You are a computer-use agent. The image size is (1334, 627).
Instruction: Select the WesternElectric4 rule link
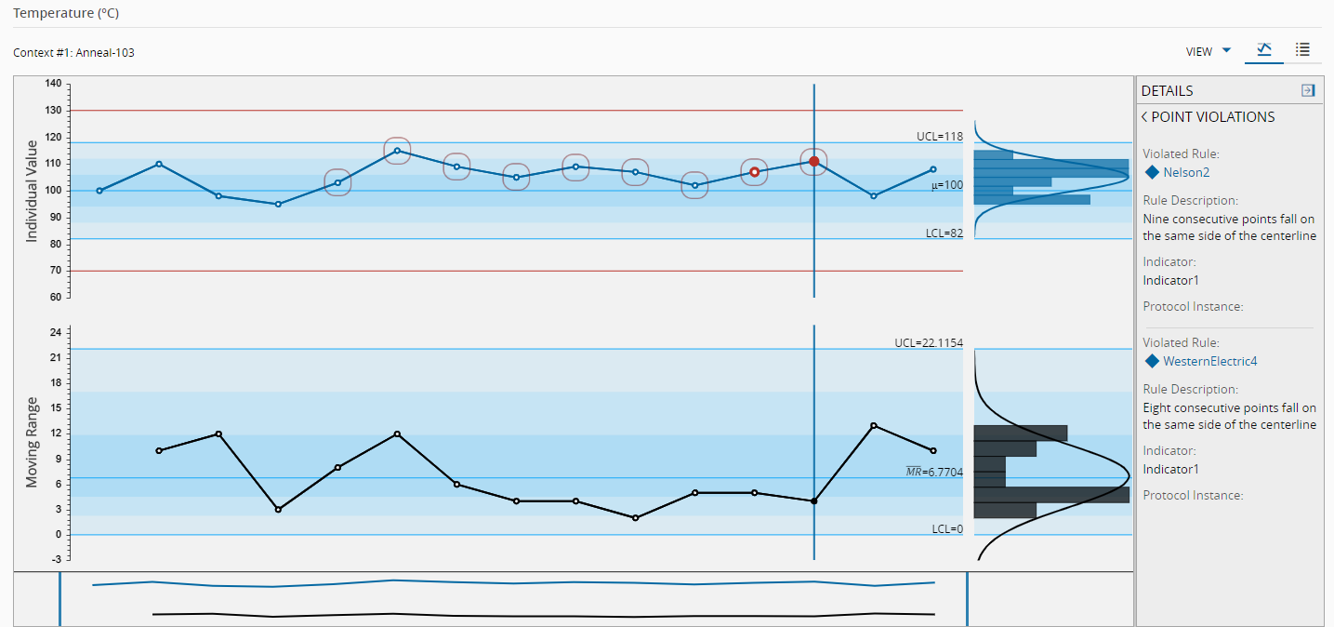click(1209, 361)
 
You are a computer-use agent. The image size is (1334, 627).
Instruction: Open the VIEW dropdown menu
click(1209, 51)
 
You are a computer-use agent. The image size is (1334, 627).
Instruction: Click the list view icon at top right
click(1302, 50)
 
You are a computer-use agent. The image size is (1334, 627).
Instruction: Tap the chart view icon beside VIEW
click(1263, 50)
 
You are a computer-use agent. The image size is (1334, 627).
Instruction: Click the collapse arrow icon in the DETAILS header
click(1308, 90)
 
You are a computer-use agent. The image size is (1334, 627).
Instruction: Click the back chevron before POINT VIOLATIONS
click(1144, 117)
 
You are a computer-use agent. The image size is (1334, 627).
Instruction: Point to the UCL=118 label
click(939, 136)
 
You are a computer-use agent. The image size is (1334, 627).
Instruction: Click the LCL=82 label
click(944, 233)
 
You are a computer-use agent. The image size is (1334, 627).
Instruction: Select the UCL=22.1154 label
click(929, 342)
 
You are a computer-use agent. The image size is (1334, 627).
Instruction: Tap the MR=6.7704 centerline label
click(934, 473)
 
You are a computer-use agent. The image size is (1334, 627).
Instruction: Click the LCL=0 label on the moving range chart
click(947, 528)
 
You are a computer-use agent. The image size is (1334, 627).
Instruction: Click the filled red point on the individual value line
click(814, 161)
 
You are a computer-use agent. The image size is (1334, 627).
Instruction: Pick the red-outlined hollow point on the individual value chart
click(754, 172)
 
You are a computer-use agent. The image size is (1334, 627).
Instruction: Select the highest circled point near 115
click(397, 151)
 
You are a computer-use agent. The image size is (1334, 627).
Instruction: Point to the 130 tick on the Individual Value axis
click(53, 111)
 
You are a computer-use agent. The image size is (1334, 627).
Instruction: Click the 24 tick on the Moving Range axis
click(55, 332)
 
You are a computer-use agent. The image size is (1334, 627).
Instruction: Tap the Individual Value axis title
click(32, 191)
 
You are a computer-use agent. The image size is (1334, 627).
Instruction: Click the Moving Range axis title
click(32, 442)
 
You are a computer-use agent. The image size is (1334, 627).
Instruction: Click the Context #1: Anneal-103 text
click(73, 52)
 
